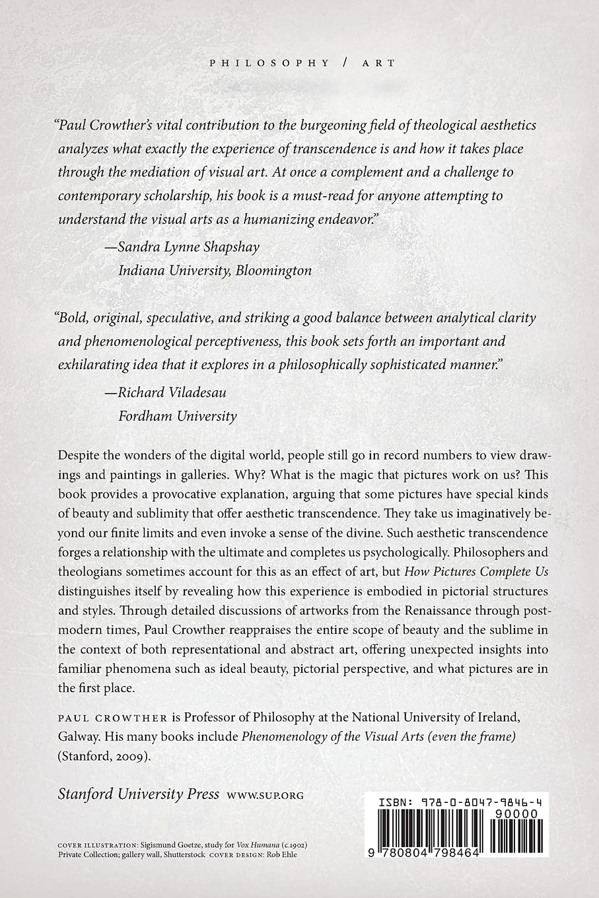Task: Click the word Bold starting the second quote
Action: tap(73, 317)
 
